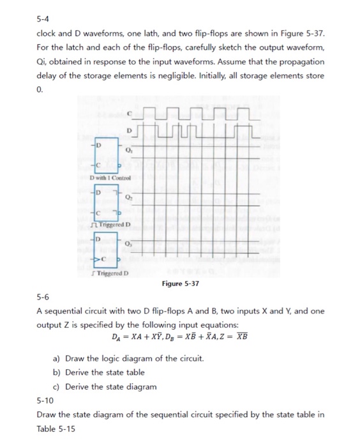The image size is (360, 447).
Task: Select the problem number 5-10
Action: [x=45, y=401]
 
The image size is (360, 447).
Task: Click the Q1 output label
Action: [x=128, y=151]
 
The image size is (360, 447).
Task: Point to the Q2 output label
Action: [x=128, y=197]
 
